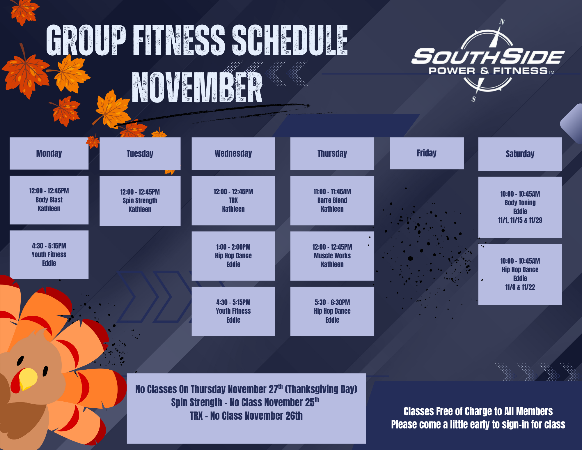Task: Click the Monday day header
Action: (x=49, y=153)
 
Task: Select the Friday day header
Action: (x=427, y=153)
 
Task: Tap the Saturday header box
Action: (x=520, y=154)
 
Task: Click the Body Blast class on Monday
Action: (x=49, y=200)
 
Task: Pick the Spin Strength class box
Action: (x=140, y=201)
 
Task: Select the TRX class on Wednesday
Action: (x=233, y=201)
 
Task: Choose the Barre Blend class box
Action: (x=332, y=201)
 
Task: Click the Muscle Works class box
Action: (x=332, y=256)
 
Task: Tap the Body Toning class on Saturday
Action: (x=520, y=207)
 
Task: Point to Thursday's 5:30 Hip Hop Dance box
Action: (x=332, y=311)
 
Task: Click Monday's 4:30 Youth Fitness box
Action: (x=49, y=255)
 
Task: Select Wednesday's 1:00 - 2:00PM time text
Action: (x=233, y=247)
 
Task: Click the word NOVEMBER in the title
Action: (x=197, y=88)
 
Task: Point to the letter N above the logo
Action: (x=502, y=22)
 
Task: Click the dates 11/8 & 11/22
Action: (x=520, y=287)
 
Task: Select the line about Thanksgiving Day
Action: (x=246, y=389)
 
